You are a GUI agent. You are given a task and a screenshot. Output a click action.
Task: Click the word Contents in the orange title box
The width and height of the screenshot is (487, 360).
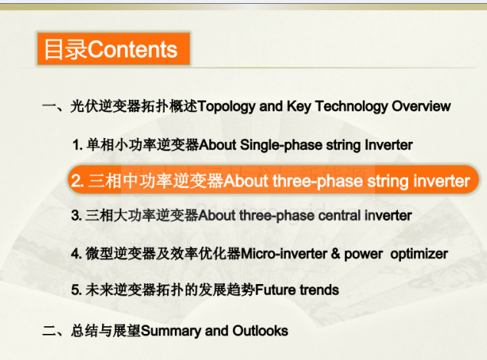click(x=133, y=50)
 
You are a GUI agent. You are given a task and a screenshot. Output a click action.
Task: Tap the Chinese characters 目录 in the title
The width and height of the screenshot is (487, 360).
click(x=66, y=50)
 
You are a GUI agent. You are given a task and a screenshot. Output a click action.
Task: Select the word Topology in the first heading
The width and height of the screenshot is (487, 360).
click(x=226, y=107)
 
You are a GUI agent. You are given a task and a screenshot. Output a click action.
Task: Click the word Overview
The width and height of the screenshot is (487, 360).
click(x=421, y=106)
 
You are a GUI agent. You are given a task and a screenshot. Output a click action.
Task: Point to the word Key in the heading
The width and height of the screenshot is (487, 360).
click(x=298, y=107)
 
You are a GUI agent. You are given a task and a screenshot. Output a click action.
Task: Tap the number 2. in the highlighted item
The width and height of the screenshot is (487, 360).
click(x=77, y=180)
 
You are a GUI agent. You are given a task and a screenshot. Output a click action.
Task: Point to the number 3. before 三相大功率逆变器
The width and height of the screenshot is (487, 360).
click(x=77, y=216)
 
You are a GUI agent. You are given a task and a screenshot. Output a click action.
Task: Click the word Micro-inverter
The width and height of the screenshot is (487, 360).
click(x=284, y=254)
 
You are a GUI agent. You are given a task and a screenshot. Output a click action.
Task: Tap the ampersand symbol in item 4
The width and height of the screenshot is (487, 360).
click(x=335, y=254)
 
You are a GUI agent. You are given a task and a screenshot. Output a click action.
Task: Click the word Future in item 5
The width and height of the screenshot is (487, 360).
click(x=275, y=290)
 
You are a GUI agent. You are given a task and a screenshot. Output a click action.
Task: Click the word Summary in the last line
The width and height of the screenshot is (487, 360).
click(x=171, y=332)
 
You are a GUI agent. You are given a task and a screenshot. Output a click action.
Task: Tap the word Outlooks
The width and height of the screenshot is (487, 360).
click(x=260, y=331)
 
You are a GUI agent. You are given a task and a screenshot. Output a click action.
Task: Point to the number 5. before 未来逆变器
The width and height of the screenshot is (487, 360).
click(x=77, y=290)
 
